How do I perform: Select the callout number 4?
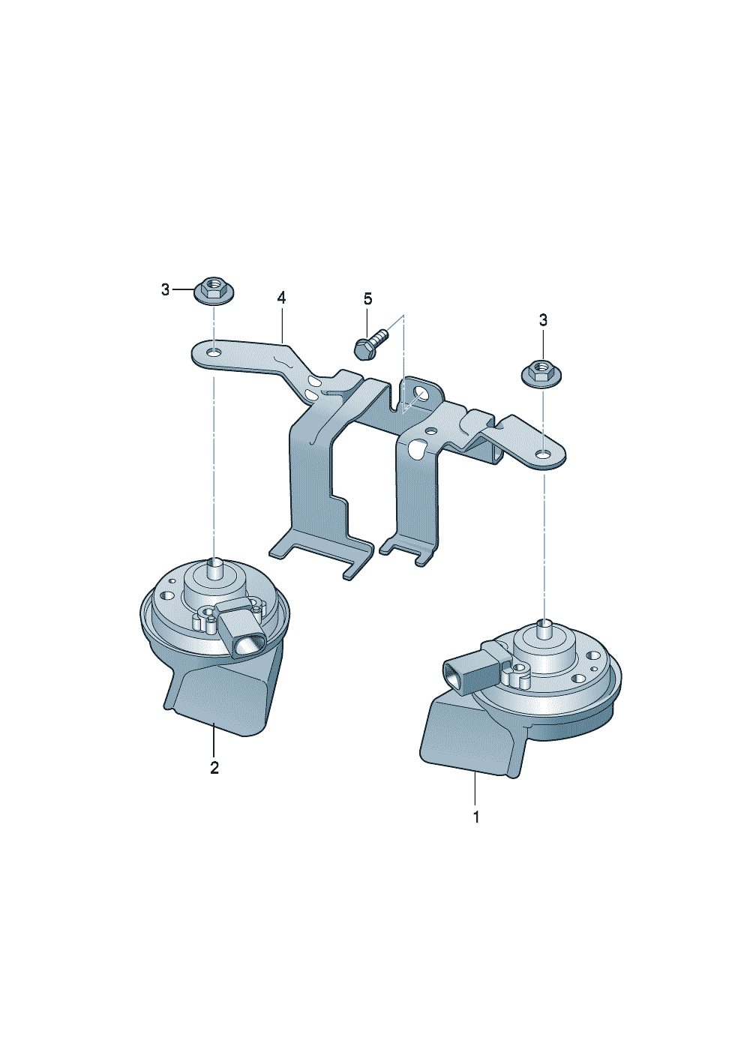(x=281, y=298)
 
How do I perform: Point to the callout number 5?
(x=367, y=298)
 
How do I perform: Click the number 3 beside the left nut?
(x=165, y=289)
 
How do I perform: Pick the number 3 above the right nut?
(x=543, y=321)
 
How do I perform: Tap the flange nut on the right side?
(x=542, y=373)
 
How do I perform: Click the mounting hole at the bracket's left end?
(x=214, y=352)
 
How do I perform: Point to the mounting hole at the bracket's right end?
(x=543, y=454)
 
